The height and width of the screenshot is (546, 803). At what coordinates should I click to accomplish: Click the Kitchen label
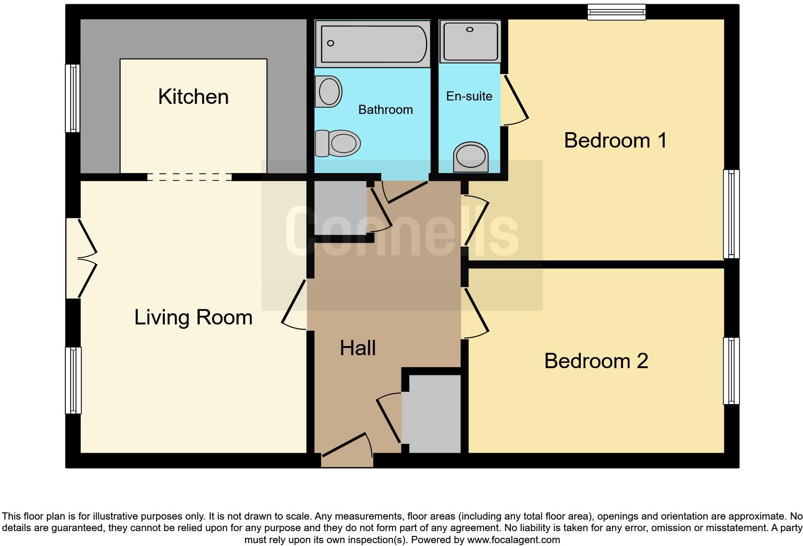point(193,97)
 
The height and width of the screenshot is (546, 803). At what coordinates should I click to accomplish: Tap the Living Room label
point(193,318)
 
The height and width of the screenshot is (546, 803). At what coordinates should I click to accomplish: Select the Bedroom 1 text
point(615,140)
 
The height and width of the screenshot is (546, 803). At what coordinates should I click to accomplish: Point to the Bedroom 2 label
point(596,360)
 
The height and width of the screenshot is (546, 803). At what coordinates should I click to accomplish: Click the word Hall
point(357,348)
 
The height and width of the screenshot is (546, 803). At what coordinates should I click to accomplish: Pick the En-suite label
point(469,96)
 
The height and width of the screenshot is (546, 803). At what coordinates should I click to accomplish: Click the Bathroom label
point(385,110)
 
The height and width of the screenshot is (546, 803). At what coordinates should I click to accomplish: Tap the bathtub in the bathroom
point(373,44)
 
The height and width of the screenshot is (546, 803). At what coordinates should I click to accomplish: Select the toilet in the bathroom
point(338,143)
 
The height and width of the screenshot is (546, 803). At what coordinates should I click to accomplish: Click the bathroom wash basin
point(328,91)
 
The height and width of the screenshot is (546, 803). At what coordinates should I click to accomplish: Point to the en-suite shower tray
point(470,41)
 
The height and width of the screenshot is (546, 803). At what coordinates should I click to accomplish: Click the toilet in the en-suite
point(471,157)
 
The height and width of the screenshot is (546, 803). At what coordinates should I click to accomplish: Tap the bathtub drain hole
point(330,43)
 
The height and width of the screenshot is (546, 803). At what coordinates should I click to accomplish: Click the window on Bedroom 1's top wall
point(616,12)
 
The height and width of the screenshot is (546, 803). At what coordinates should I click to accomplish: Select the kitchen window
point(73,99)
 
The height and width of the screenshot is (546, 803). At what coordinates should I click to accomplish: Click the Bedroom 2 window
point(731,371)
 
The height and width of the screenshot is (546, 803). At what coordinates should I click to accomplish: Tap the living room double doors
point(81,258)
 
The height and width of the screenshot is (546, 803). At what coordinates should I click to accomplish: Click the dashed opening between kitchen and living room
point(189,177)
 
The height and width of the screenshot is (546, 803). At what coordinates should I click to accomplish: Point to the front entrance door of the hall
point(347,450)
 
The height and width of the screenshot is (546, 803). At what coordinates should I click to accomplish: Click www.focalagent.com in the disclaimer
point(513,540)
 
